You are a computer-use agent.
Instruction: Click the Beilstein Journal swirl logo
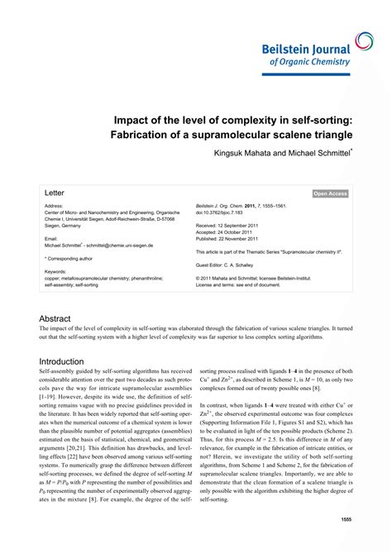pos(365,41)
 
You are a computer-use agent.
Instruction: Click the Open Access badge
pos(330,193)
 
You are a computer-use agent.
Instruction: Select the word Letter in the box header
pos(55,193)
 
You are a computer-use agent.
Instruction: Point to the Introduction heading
pos(62,361)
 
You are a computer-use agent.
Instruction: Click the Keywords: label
pos(56,270)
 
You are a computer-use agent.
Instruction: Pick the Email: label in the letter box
pos(51,238)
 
